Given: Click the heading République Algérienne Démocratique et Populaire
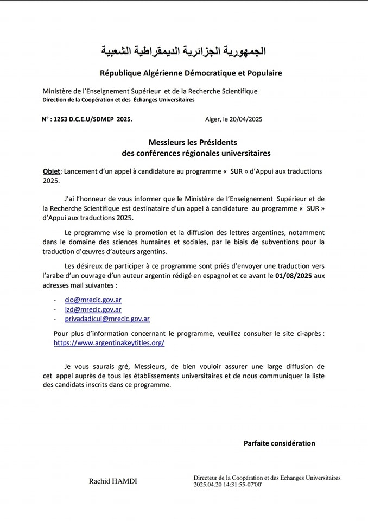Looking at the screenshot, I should [183, 73].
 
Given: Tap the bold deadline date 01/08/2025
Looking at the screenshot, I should [294, 276].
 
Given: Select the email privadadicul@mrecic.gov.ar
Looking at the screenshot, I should [107, 319].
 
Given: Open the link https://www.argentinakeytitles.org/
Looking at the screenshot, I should [109, 343].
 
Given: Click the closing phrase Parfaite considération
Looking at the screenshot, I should [279, 443].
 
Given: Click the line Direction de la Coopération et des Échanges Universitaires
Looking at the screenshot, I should [118, 100].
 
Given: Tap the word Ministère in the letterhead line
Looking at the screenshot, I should [58, 91].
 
